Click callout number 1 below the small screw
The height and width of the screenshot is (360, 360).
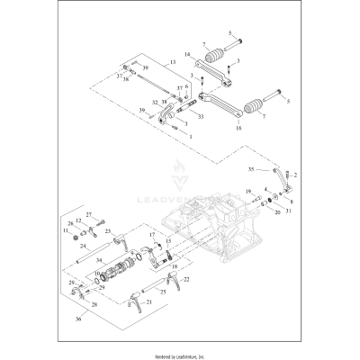[x=189, y=134]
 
